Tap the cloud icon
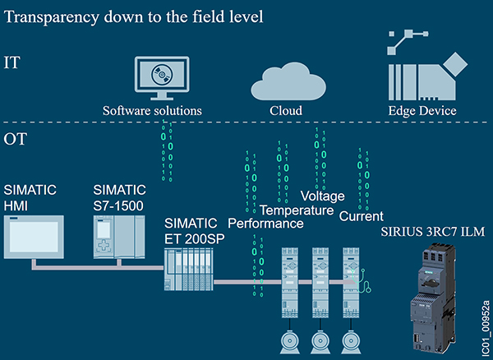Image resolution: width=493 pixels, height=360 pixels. pyautogui.click(x=286, y=79)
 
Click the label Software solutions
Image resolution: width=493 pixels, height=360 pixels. pyautogui.click(x=152, y=110)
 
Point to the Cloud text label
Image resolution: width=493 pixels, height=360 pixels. pyautogui.click(x=286, y=110)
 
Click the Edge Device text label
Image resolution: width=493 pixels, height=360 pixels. pyautogui.click(x=422, y=110)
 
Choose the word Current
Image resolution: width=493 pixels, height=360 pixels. pyautogui.click(x=362, y=215)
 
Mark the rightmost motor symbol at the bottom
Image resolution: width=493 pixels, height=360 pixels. pyautogui.click(x=354, y=339)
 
